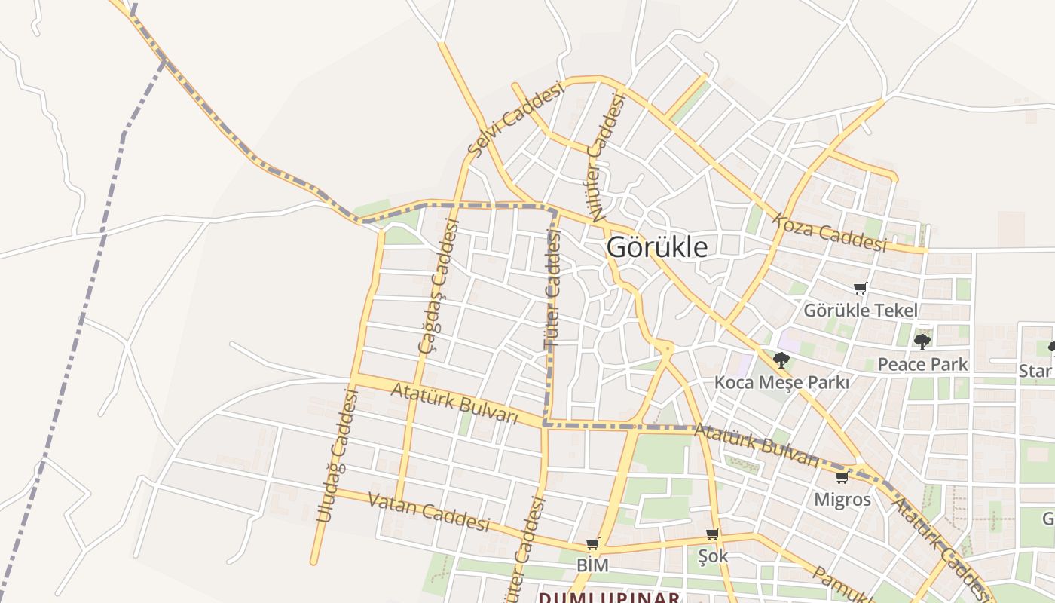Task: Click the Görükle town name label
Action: [657, 247]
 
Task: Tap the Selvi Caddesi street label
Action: [516, 119]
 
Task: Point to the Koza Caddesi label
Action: [828, 232]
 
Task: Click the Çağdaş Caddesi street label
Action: [440, 286]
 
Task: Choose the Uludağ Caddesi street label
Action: [336, 455]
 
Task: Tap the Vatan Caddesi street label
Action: [428, 512]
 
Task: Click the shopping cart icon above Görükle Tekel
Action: [861, 288]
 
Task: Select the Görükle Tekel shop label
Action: [861, 310]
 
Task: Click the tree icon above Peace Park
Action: [922, 342]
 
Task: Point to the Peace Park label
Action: [922, 364]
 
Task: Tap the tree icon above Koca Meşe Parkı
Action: [781, 360]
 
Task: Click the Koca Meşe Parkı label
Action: [781, 382]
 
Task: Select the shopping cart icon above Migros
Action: [842, 478]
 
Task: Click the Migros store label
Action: [842, 499]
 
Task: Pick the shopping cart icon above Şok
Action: [712, 534]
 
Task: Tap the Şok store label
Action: [712, 556]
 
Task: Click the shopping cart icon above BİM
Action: [593, 543]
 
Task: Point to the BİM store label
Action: [592, 565]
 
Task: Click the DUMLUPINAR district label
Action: [609, 598]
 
